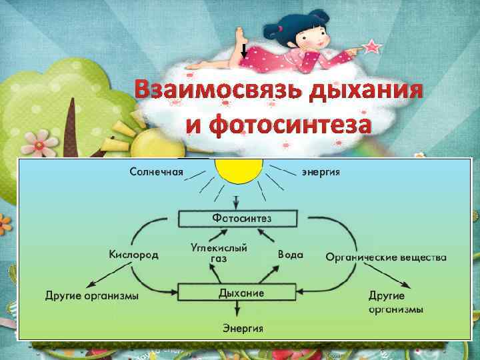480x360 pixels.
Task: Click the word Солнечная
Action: coord(156,171)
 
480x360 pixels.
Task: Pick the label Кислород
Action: coord(133,255)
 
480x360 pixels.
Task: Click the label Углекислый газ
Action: coord(219,252)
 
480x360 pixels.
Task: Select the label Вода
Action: coord(290,255)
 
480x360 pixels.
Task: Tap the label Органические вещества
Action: coord(386,257)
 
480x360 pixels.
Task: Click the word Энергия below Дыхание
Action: coord(242,328)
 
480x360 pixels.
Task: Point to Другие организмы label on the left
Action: coord(93,295)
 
